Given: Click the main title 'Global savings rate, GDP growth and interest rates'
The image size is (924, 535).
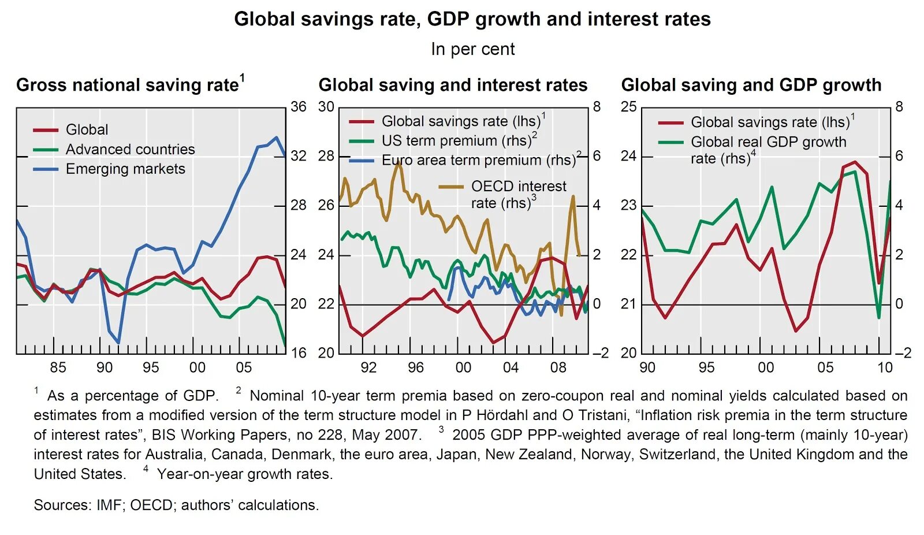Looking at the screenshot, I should coord(472,19).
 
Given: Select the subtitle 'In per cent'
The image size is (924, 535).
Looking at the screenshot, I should coord(472,49).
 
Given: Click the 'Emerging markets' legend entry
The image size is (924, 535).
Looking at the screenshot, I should coord(125,169).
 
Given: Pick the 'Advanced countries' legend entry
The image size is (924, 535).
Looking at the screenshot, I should coord(130,149).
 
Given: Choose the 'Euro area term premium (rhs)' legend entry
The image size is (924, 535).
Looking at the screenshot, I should coord(478,160).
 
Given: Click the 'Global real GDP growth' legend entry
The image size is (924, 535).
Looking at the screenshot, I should coord(768,142).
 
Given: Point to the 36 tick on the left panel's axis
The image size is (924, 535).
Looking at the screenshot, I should coord(298,107).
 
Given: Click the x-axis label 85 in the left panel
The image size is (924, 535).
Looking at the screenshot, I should coord(58,367).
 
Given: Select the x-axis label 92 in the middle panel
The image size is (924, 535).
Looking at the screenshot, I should coord(368,367).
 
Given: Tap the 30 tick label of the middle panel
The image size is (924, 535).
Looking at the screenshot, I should coord(326,107).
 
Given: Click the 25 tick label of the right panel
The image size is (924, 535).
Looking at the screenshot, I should coord(629,107).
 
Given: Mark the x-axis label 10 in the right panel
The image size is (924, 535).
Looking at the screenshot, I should coord(885,367).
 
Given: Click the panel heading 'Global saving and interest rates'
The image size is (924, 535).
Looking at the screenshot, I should coord(453,85).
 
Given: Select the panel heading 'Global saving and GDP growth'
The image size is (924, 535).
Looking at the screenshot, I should coord(751,85).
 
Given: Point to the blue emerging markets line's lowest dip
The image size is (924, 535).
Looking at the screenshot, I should coord(118,343).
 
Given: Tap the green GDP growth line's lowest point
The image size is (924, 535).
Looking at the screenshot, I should coord(879,317).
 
